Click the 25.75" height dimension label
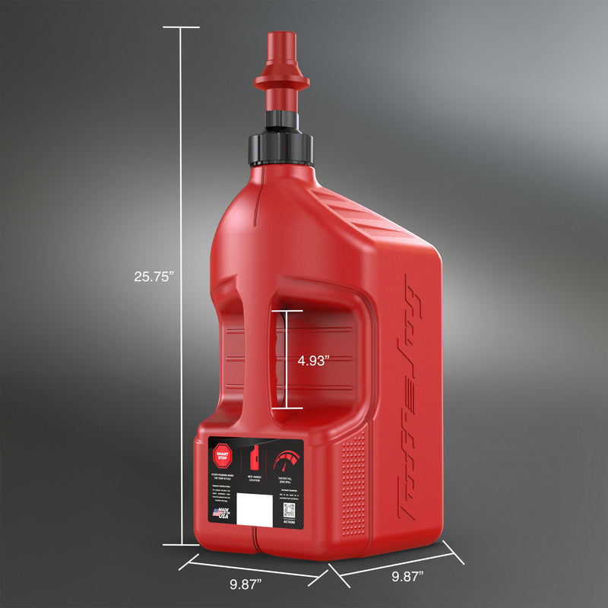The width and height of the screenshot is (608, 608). click(154, 277)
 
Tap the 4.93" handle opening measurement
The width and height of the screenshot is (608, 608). click(313, 361)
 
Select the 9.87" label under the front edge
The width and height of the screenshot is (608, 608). click(245, 584)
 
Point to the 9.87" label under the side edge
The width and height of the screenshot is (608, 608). click(407, 576)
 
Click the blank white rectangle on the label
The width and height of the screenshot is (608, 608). click(255, 508)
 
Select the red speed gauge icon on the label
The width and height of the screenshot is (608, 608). click(288, 461)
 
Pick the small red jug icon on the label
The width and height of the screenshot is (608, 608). click(255, 459)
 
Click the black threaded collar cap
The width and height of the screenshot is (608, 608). click(280, 144)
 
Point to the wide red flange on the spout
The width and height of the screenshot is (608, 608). click(282, 78)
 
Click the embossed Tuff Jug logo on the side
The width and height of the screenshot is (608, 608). click(413, 395)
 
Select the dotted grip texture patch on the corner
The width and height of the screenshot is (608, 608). click(353, 486)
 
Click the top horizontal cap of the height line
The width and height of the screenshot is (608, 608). click(181, 27)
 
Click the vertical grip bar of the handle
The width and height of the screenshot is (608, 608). click(256, 357)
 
